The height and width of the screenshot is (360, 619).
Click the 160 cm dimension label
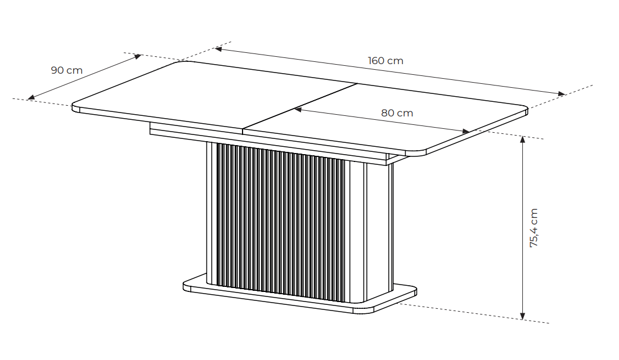(385, 61)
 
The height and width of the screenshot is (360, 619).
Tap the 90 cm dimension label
(66, 70)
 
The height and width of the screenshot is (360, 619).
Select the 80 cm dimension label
(397, 113)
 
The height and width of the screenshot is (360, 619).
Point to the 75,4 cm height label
(533, 228)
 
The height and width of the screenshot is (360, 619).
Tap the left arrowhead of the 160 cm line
(218, 49)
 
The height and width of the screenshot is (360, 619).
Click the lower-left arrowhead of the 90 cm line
(32, 97)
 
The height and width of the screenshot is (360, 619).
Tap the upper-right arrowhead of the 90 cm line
(138, 56)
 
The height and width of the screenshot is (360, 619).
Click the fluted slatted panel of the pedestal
(281, 219)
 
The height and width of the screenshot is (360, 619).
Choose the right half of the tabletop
(405, 118)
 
